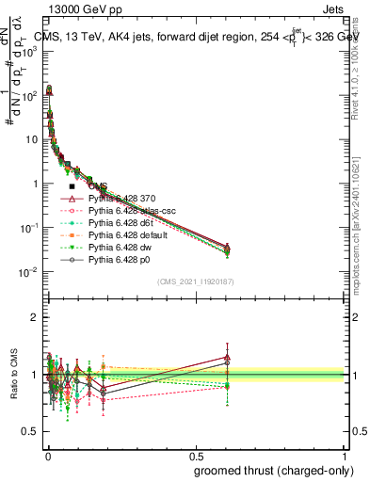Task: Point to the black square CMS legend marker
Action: (72, 186)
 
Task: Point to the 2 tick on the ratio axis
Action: (33, 317)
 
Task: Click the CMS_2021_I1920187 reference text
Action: (195, 281)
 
